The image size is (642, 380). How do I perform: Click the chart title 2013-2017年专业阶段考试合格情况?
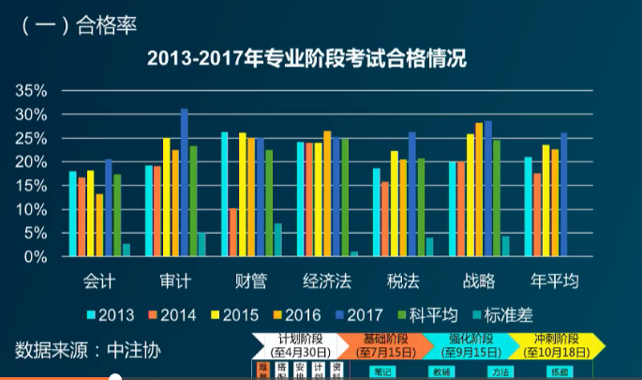point(307,59)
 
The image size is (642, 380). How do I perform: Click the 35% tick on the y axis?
point(32,91)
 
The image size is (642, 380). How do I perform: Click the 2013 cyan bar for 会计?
point(72,214)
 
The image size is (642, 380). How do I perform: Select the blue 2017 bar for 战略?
point(488,189)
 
